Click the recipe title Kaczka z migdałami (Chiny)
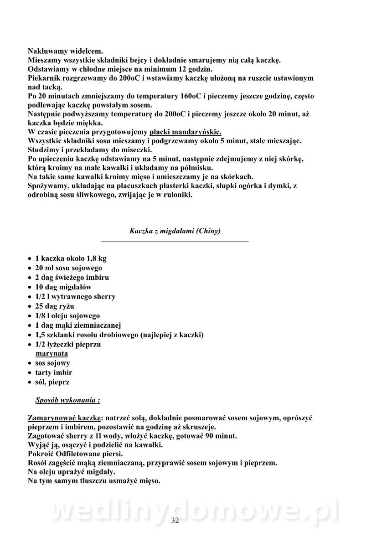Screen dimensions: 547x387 (175, 231)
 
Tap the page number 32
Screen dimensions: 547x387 (175, 521)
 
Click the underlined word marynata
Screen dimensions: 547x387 (52, 354)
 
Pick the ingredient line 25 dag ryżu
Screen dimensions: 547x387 (55, 306)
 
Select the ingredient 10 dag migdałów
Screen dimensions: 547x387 (63, 287)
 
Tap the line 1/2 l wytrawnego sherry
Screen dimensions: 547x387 (75, 296)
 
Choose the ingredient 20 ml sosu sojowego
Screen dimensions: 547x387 (68, 268)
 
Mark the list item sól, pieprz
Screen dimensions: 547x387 (52, 382)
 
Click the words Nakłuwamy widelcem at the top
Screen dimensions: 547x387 (66, 51)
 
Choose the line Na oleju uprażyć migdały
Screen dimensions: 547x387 (72, 472)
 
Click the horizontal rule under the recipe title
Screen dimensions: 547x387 (175, 241)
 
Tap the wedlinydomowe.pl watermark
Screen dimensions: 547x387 (193, 511)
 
